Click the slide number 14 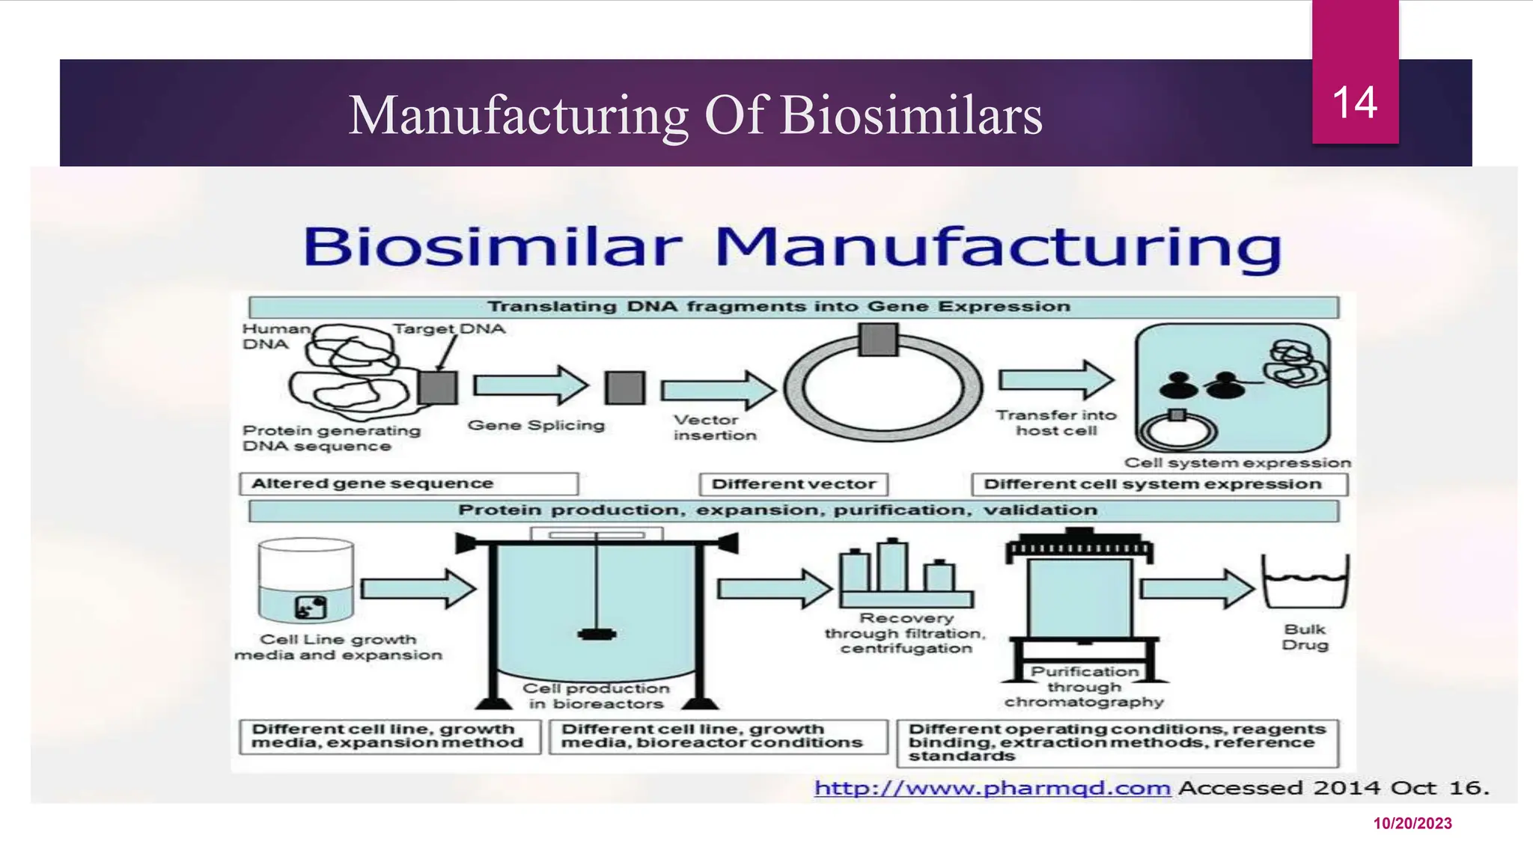[x=1354, y=103]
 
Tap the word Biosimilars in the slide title [x=911, y=116]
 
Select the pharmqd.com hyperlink [x=992, y=788]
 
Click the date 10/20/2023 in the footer [x=1412, y=823]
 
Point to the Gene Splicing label [x=536, y=425]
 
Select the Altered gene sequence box [x=409, y=483]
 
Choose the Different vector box [x=793, y=484]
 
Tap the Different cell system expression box [x=1159, y=484]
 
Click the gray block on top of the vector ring [x=878, y=340]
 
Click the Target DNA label [x=449, y=328]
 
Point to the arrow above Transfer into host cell [x=1056, y=380]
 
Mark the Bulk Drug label [x=1305, y=637]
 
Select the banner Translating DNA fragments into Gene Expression [x=793, y=307]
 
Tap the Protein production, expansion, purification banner [x=793, y=510]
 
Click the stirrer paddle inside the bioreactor [x=597, y=635]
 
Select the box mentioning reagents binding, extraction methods [x=1118, y=742]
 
